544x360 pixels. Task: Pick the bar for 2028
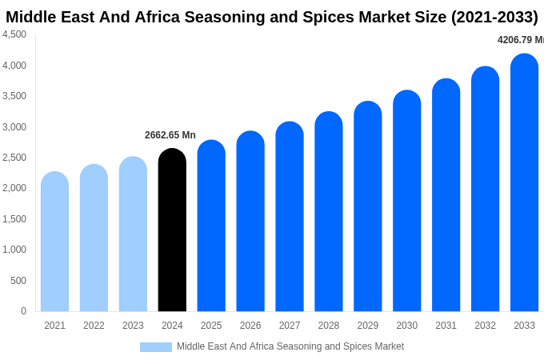pyautogui.click(x=328, y=212)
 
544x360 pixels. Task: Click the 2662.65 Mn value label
pyautogui.click(x=170, y=135)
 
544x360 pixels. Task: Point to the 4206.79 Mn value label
pyautogui.click(x=520, y=40)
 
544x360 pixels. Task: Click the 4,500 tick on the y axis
pyautogui.click(x=14, y=34)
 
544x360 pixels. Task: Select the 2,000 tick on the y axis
pyautogui.click(x=14, y=188)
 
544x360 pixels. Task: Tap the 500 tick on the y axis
pyautogui.click(x=18, y=281)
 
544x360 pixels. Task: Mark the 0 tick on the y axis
pyautogui.click(x=23, y=311)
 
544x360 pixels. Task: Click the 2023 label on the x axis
pyautogui.click(x=133, y=326)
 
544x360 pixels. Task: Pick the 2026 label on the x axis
pyautogui.click(x=250, y=326)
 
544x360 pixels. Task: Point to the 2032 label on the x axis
pyautogui.click(x=485, y=326)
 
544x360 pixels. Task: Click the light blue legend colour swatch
pyautogui.click(x=155, y=347)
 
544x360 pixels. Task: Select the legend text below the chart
pyautogui.click(x=290, y=346)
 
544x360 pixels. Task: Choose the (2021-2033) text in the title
pyautogui.click(x=483, y=17)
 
